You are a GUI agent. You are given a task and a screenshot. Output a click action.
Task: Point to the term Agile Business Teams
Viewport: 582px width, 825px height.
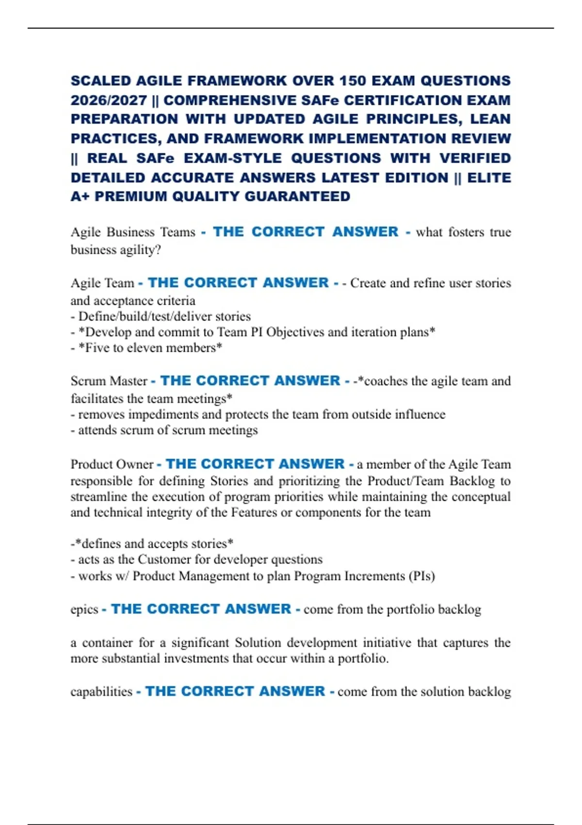(133, 232)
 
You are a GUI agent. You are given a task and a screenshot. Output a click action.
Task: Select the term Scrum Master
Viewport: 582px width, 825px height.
(109, 381)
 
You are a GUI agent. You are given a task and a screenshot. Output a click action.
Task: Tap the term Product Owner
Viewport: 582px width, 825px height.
(112, 464)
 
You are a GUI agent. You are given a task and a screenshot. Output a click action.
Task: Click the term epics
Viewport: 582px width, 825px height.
(84, 610)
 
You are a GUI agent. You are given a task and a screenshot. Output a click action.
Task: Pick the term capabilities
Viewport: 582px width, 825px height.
(101, 692)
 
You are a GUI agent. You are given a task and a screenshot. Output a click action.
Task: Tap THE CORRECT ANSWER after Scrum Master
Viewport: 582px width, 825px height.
(250, 381)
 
